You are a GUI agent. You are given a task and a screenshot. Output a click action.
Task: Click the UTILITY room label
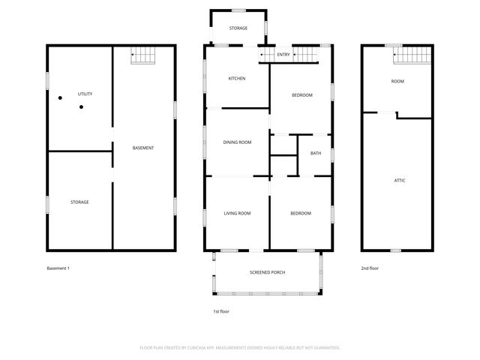point(85,94)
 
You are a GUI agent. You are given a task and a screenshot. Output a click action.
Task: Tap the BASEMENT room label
point(143,148)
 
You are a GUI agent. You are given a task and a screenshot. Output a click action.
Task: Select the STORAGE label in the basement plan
point(80,202)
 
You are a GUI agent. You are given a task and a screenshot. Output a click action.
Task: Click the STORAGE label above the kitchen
point(238,28)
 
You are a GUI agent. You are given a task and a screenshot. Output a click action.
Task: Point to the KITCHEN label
point(237,78)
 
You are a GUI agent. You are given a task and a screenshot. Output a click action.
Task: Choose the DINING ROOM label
point(237,142)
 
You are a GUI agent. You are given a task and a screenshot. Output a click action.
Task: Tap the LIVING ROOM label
point(237,213)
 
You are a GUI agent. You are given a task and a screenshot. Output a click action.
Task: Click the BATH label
point(316,153)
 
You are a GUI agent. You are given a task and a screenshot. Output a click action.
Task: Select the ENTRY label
point(283,55)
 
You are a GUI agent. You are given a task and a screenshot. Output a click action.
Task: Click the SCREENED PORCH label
point(268,272)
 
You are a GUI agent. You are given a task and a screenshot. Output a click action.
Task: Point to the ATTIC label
point(400,180)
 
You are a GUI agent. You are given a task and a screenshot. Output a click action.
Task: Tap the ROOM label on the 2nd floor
point(397,80)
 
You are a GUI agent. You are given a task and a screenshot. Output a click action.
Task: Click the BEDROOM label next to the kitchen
point(301,94)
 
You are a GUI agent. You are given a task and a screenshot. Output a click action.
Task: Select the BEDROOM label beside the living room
point(301,213)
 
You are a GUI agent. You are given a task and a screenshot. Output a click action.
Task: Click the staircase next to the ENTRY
point(304,54)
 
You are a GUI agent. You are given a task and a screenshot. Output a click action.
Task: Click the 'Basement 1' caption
point(58,268)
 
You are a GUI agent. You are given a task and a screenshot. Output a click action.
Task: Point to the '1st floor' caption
point(221,310)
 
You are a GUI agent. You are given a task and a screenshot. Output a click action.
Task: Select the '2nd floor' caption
point(369,268)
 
